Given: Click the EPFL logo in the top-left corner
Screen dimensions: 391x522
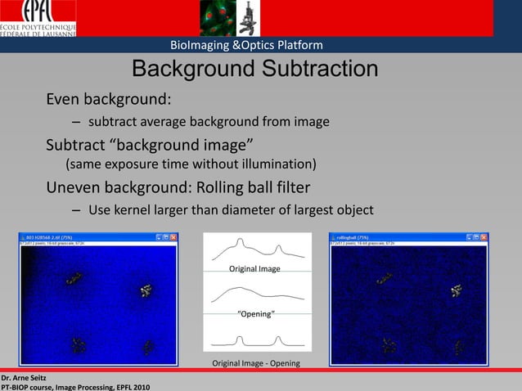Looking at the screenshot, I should point(38,18).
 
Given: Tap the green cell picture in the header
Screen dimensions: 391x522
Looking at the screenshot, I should point(217,18).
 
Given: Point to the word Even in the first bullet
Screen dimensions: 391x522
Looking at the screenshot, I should point(64,100).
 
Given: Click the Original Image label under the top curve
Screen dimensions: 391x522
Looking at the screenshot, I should point(254,269).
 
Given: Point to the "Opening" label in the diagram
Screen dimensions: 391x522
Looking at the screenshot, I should point(255,314).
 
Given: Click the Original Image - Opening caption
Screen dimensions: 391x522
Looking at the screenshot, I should point(256,363).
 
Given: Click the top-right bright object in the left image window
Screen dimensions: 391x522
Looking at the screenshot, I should point(146,290).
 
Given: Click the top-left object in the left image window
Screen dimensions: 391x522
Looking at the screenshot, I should point(75,280).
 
